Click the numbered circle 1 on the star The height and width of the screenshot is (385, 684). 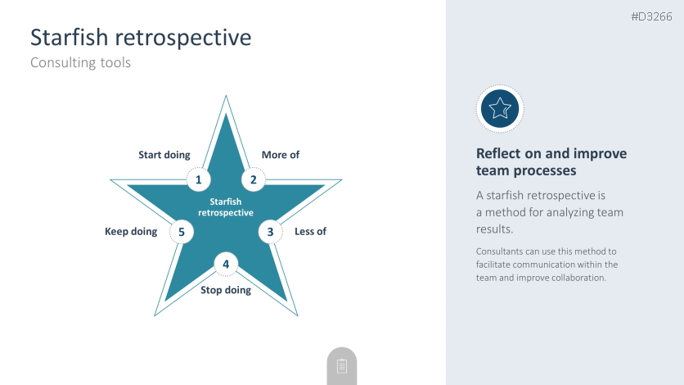199,179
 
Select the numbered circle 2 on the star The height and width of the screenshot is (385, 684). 253,179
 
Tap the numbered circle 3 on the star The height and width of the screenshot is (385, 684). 271,232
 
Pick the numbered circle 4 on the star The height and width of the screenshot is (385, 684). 226,264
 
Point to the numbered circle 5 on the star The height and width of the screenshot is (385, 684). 182,232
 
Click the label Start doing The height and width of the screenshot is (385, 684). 164,155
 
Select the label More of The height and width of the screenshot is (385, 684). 281,155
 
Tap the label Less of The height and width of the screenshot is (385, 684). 310,231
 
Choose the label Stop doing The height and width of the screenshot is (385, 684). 226,290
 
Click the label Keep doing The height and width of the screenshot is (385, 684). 131,231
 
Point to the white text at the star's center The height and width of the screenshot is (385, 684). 226,207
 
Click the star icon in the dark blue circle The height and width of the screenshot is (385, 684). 500,108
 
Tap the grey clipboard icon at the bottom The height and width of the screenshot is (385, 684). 342,366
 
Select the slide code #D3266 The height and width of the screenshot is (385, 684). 652,16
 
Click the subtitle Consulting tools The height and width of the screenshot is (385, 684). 81,62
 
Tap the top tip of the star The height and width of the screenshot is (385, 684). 226,96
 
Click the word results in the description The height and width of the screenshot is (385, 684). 494,229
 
